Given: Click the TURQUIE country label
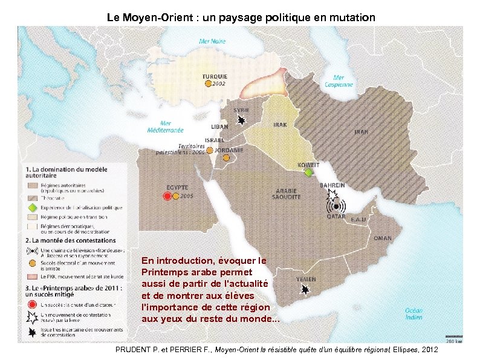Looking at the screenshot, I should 215,77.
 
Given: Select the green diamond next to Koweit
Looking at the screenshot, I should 309,173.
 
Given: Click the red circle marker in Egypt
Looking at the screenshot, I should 167,197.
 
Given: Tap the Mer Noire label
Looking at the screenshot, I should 213,42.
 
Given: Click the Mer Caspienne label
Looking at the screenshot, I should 339,81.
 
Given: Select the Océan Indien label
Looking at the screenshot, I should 414,313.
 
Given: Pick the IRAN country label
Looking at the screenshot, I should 361,131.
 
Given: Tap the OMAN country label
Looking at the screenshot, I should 382,238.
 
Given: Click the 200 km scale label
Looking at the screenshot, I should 454,340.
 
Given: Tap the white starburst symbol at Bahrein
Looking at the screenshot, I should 331,196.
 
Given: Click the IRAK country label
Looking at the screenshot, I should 281,125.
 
